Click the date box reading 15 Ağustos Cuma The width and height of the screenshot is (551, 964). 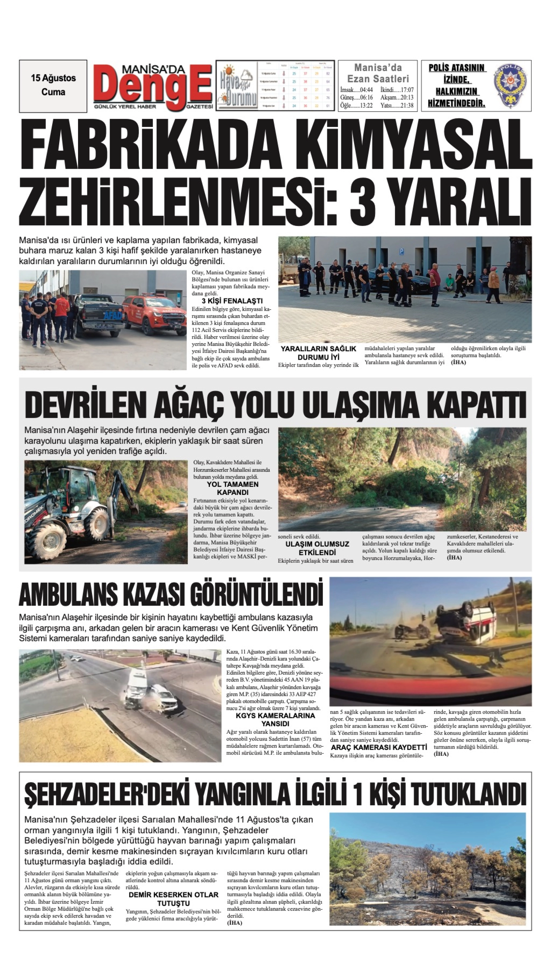pos(53,86)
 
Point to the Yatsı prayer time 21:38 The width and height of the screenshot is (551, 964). pos(397,106)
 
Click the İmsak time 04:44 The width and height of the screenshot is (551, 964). pos(356,90)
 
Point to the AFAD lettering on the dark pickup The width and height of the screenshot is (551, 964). pos(113,315)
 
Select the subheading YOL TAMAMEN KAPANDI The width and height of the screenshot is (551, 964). pos(232,488)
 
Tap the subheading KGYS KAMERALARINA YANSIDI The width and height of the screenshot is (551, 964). pos(275,719)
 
